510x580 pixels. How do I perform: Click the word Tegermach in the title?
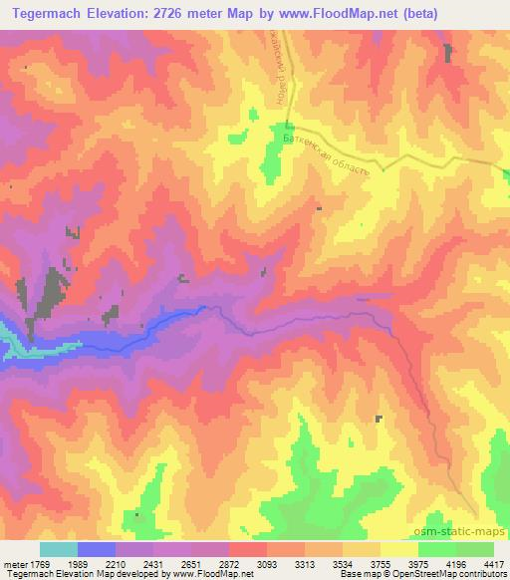tap(47, 11)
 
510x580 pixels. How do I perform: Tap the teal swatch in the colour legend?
tap(58, 549)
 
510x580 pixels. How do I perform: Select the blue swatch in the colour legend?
tap(97, 549)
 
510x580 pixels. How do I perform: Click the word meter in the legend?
tap(14, 563)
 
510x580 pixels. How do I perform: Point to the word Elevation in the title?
tap(122, 11)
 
